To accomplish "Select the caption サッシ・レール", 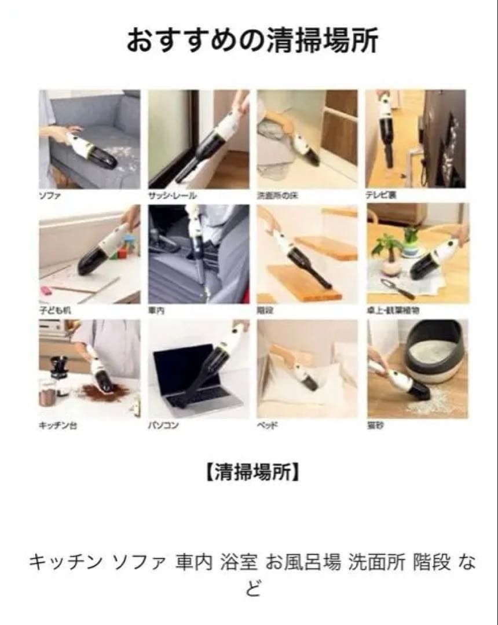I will point(173,196).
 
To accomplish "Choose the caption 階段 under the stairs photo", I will point(265,311).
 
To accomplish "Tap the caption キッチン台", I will point(58,425).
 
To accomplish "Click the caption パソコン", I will point(163,425).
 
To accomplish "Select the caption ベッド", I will point(267,425).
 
